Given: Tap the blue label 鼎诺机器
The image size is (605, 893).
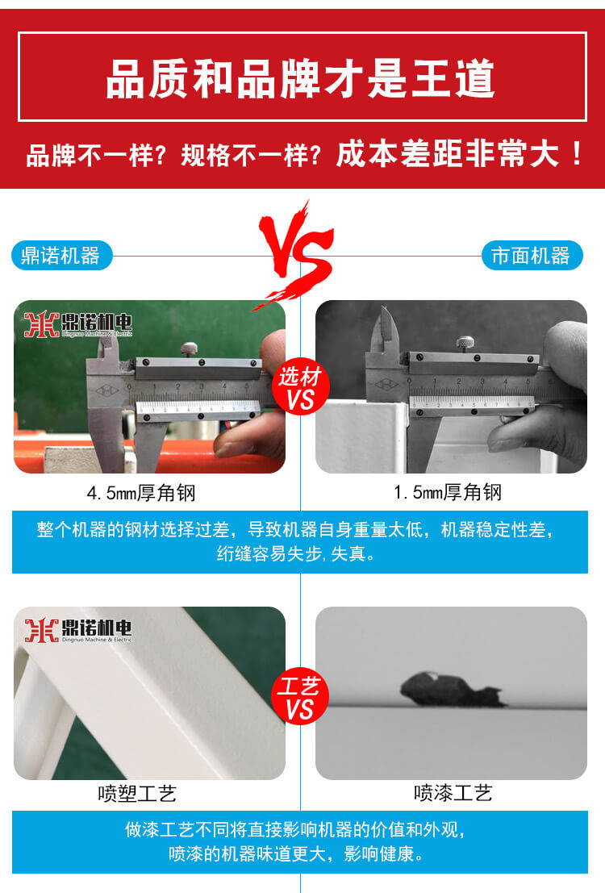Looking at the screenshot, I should tap(61, 256).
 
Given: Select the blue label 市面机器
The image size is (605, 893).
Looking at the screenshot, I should tap(531, 256).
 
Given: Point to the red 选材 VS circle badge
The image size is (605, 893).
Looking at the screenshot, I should tap(300, 388).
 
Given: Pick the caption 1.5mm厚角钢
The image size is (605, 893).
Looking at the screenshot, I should tap(448, 492).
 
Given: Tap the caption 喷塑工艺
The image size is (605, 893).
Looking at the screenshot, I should tap(136, 794).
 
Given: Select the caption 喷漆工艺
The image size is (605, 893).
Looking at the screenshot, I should tap(453, 794).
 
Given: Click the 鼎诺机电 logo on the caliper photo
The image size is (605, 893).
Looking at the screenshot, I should tap(77, 323).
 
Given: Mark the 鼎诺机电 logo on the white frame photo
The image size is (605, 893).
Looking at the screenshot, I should tap(77, 630).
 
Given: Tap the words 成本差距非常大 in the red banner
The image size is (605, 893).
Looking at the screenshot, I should tap(449, 153).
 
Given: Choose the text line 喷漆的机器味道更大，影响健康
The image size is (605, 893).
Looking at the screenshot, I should tap(295, 853).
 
